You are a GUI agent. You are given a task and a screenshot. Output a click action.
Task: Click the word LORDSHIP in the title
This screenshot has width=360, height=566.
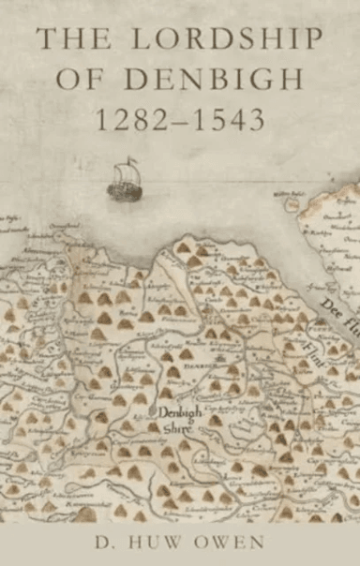pyautogui.click(x=214, y=39)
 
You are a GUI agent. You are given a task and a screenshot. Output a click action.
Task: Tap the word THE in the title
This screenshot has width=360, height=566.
pyautogui.click(x=69, y=39)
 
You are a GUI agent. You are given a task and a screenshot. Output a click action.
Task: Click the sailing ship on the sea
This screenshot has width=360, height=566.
pyautogui.click(x=124, y=182)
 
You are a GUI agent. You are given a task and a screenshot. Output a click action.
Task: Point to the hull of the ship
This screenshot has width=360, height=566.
pyautogui.click(x=124, y=192)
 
